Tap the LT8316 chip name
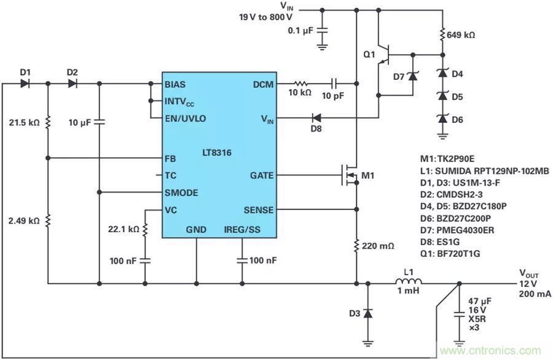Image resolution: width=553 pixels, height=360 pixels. coord(218,151)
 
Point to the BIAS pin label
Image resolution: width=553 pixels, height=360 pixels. coord(177,84)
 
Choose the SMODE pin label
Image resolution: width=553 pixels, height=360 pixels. coord(181,192)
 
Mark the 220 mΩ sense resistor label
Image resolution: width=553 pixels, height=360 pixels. coord(378,246)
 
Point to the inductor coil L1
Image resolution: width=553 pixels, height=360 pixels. coord(407,283)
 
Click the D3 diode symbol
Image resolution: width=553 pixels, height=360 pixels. coord(367,313)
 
